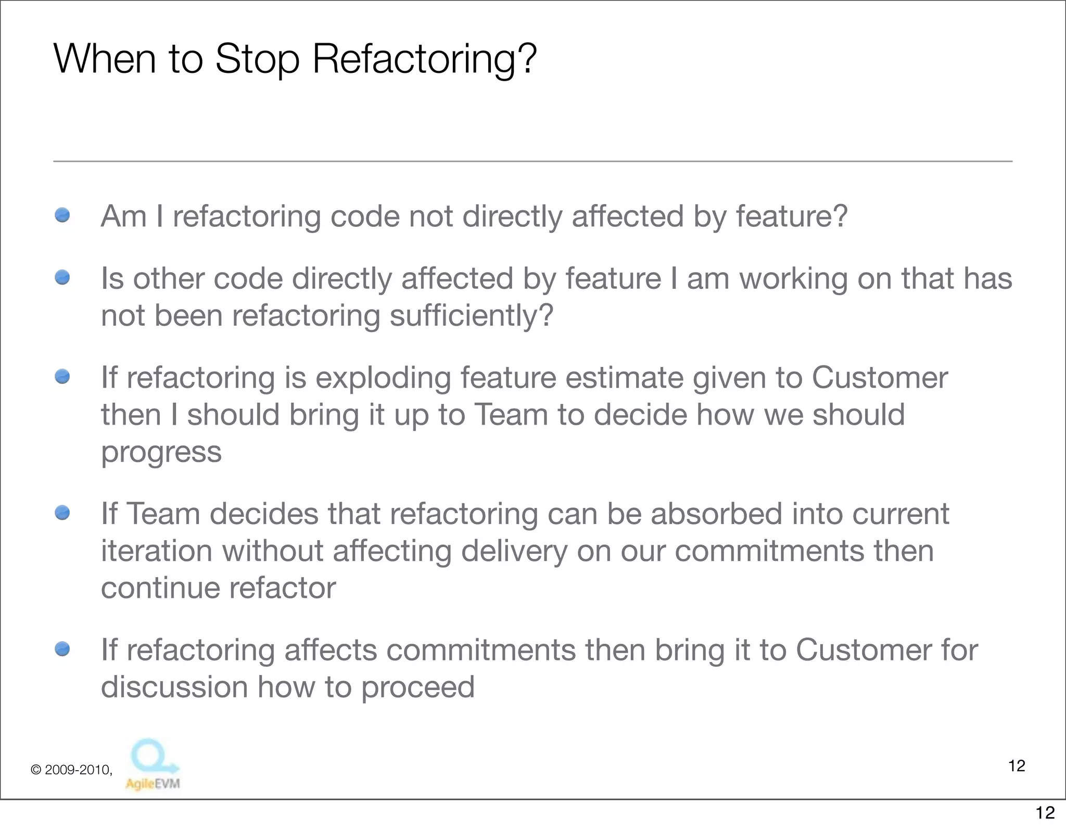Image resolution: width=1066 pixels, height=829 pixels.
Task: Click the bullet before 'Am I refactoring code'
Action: [x=62, y=215]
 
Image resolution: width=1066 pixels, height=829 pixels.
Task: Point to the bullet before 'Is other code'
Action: [x=62, y=277]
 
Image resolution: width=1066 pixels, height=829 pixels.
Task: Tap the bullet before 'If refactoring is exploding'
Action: [x=62, y=376]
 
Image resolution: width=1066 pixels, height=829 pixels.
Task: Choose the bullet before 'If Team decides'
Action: [x=62, y=513]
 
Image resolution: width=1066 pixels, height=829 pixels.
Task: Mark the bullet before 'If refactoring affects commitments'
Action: [x=62, y=649]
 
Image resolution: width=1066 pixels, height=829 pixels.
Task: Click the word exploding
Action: [x=383, y=378]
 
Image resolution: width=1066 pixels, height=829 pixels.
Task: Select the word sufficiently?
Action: [x=471, y=316]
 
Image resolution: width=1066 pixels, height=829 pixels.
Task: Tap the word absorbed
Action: [x=716, y=514]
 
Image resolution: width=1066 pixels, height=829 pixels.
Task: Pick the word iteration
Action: [x=157, y=551]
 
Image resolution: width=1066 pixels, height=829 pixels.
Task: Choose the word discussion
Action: [x=174, y=687]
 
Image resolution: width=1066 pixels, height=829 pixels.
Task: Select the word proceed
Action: [x=417, y=687]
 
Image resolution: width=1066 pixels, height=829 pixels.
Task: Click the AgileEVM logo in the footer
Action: [x=153, y=765]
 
